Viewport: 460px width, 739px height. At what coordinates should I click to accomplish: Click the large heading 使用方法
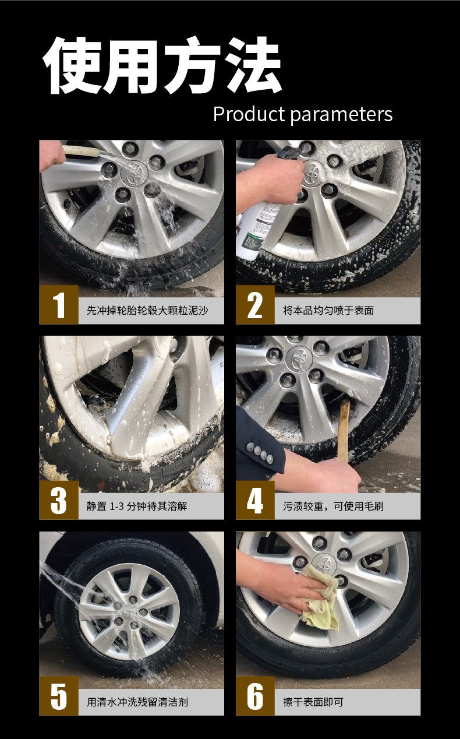pyautogui.click(x=162, y=66)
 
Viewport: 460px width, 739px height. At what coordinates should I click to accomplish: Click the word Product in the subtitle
pyautogui.click(x=248, y=114)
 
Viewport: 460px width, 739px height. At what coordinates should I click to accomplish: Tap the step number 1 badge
pyautogui.click(x=59, y=305)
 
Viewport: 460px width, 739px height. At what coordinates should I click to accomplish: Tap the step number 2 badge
pyautogui.click(x=255, y=305)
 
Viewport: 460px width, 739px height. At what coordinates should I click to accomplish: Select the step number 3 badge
pyautogui.click(x=59, y=501)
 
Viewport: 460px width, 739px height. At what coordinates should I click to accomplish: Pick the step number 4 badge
pyautogui.click(x=255, y=501)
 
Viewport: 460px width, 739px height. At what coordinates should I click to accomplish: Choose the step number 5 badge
pyautogui.click(x=59, y=696)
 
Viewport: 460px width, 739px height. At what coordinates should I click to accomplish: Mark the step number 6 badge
pyautogui.click(x=255, y=696)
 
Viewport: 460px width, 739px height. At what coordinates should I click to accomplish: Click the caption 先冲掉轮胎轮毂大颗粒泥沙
pyautogui.click(x=147, y=311)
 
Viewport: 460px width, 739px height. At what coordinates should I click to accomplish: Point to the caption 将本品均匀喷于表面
pyautogui.click(x=328, y=311)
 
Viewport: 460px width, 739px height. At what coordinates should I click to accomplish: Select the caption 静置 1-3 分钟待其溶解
pyautogui.click(x=137, y=506)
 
